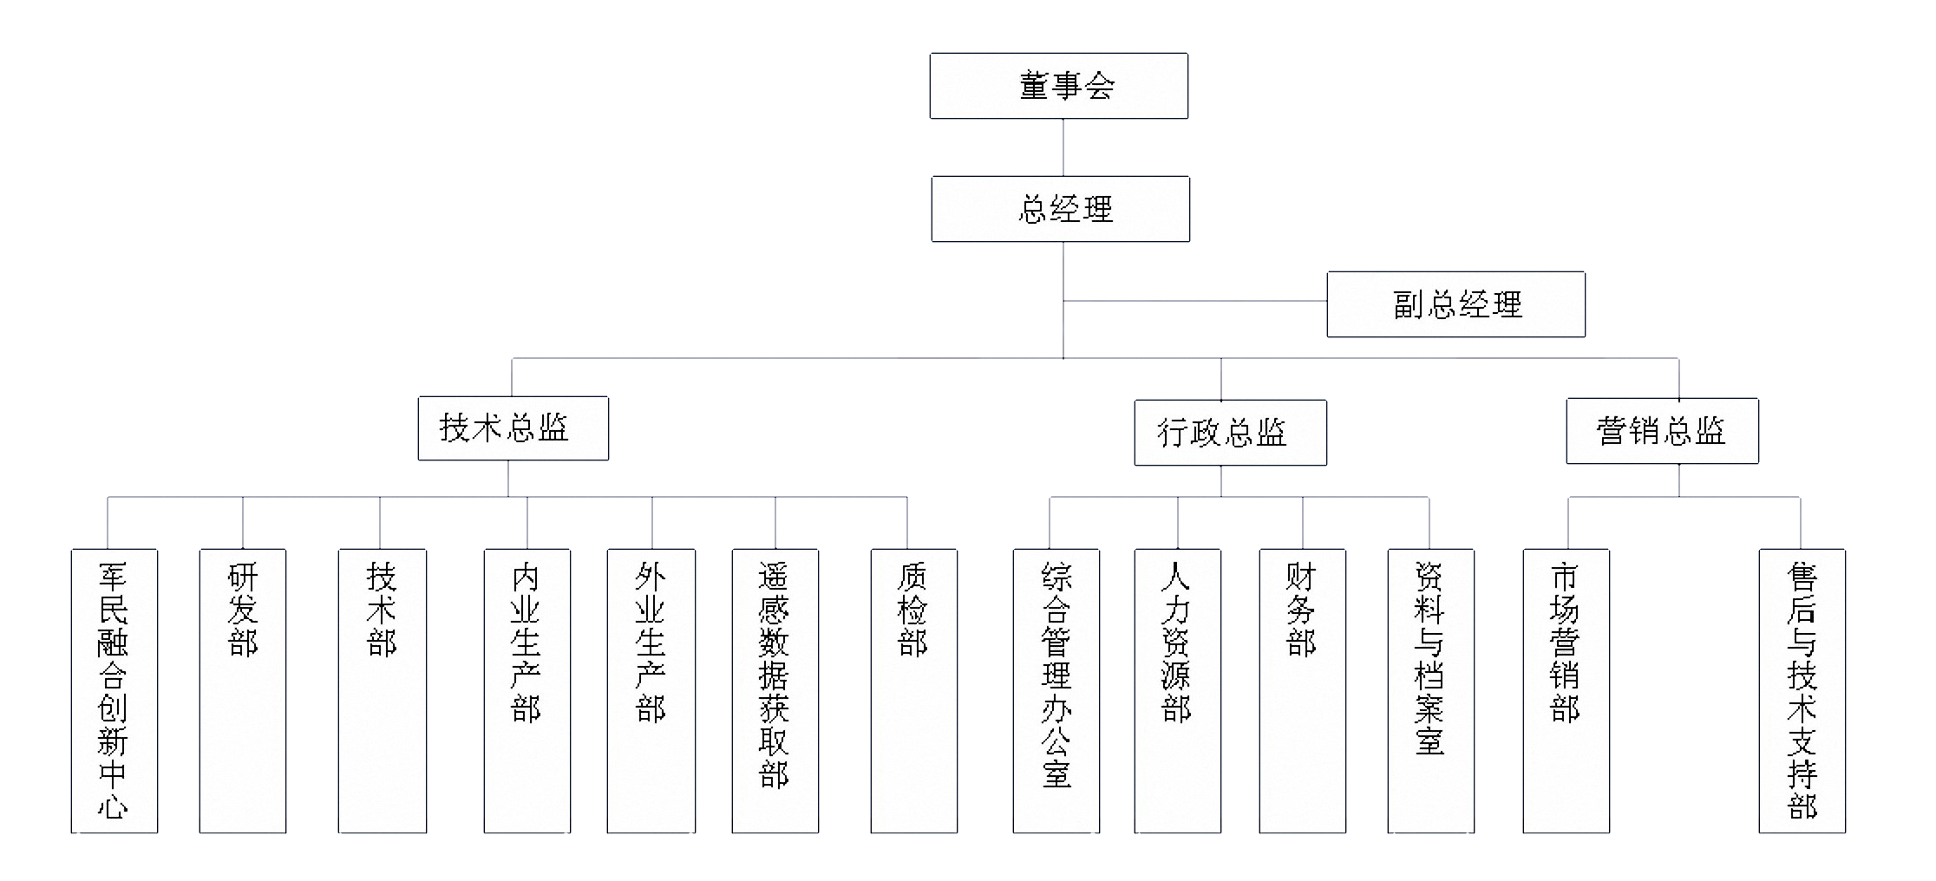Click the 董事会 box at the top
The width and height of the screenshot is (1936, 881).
point(1058,86)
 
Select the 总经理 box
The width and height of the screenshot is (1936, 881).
point(1060,209)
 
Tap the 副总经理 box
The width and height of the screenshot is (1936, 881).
point(1455,304)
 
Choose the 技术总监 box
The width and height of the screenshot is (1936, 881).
point(513,428)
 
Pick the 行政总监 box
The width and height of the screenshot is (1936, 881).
point(1230,433)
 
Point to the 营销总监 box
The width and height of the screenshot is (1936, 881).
point(1662,431)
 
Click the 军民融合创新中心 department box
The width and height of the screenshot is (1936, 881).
point(114,690)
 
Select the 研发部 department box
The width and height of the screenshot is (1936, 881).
point(243,690)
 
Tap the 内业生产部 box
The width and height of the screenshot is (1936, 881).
point(527,690)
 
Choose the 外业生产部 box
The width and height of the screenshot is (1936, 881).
point(651,690)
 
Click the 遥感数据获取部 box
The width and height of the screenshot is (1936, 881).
point(775,690)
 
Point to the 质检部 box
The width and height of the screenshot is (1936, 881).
point(913,690)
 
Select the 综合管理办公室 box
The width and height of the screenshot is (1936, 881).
point(1056,690)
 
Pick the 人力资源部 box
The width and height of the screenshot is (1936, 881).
point(1177,690)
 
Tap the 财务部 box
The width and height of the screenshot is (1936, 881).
point(1302,690)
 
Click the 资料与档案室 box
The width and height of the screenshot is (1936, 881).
point(1430,690)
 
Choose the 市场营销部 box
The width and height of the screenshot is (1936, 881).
point(1566,690)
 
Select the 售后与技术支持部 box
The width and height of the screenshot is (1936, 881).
point(1802,690)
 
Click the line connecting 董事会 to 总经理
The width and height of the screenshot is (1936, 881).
point(1063,147)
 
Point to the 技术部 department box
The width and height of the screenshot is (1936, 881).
point(382,690)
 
